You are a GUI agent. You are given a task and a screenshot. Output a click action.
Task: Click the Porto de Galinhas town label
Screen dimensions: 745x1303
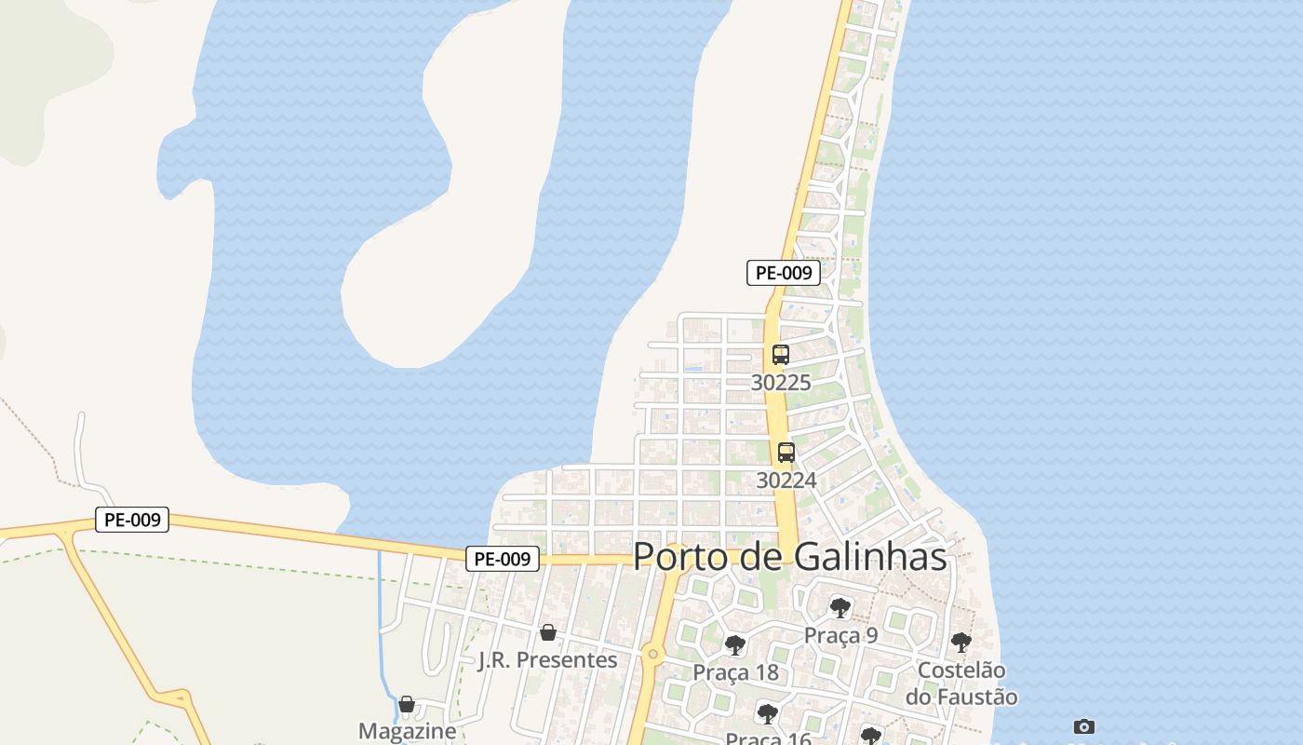click(790, 557)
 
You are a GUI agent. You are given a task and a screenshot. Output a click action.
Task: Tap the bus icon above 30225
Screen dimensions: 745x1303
click(781, 355)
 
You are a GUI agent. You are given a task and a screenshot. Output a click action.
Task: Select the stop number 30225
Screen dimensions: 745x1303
click(781, 382)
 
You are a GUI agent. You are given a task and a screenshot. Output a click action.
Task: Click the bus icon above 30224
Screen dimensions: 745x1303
click(786, 453)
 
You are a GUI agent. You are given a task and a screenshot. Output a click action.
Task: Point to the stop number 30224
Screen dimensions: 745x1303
click(786, 480)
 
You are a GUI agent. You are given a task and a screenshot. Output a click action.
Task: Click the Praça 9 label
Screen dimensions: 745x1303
click(840, 635)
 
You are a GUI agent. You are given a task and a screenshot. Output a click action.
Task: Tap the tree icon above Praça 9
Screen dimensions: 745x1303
click(840, 608)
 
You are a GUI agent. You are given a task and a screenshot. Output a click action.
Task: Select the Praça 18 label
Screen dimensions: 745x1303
click(735, 671)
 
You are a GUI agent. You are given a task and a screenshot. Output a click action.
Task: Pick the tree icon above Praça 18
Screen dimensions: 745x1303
click(735, 644)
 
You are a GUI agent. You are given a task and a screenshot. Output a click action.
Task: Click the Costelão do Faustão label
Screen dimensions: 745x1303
click(961, 683)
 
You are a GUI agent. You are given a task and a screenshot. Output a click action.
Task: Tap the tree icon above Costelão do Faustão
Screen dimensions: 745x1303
click(961, 642)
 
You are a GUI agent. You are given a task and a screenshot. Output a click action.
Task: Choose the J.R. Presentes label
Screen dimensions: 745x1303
click(547, 659)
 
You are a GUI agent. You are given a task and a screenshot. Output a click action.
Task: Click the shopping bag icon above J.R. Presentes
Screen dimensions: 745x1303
click(548, 632)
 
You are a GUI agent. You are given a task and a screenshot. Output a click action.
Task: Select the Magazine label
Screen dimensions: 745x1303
click(407, 731)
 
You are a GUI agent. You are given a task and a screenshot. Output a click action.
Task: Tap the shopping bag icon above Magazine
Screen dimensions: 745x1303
click(407, 704)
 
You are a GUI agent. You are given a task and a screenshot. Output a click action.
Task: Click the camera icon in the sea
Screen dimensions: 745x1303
click(1084, 726)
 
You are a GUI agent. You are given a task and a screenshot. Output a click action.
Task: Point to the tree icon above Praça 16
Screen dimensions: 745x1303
click(768, 714)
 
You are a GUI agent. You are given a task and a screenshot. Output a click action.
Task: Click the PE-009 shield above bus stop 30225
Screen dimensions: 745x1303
click(784, 273)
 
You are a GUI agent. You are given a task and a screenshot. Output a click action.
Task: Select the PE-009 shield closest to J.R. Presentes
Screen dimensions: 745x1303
click(503, 559)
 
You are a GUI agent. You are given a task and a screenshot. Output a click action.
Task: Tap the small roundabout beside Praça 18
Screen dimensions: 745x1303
click(653, 654)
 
